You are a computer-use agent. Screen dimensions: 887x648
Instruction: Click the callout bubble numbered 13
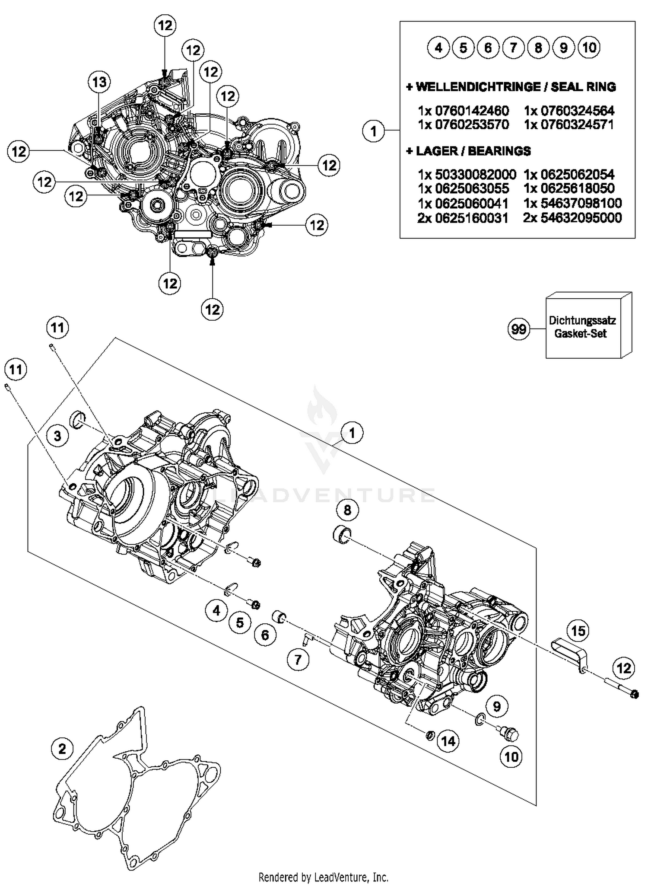99,82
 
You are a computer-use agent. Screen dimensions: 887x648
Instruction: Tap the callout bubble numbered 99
518,330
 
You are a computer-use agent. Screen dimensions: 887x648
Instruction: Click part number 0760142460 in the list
464,111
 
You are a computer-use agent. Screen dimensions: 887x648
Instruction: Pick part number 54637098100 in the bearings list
573,203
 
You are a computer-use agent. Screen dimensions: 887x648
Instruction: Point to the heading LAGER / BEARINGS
469,151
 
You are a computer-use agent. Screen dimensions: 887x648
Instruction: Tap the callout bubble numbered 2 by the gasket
62,748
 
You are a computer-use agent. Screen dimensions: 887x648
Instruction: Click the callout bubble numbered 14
448,741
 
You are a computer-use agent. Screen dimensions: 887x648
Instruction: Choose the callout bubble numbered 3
57,436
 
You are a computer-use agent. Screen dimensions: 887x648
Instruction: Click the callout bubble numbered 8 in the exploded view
347,511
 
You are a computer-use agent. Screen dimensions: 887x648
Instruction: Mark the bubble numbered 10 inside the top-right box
589,48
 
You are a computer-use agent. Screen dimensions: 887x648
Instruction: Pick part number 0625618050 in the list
569,188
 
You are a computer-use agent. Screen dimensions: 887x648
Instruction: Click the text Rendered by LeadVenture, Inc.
323,877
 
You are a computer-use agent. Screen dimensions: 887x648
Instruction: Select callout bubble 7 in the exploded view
298,660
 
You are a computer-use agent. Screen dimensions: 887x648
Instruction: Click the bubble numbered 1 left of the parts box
373,131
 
